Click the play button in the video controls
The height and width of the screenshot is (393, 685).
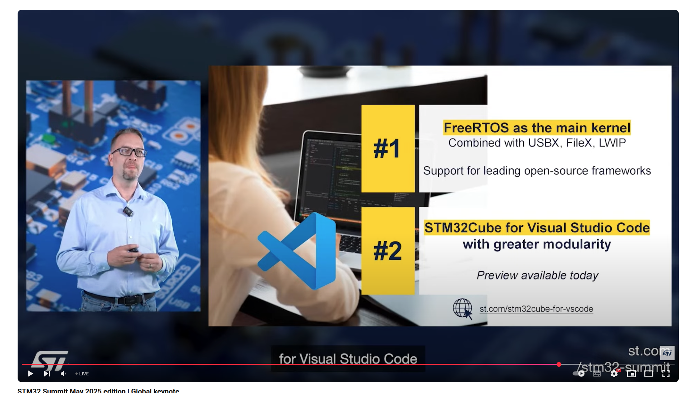pos(30,374)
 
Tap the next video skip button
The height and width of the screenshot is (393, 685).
pos(47,374)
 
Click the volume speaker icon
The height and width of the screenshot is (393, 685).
pos(63,374)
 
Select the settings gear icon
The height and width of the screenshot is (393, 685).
pos(614,374)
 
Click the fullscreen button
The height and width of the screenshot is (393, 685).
pos(666,374)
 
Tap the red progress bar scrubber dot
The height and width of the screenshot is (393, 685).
pos(559,365)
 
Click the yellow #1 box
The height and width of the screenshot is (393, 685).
pos(388,148)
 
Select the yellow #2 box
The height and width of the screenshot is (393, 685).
pos(388,251)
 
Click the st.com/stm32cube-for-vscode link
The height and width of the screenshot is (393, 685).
pos(536,309)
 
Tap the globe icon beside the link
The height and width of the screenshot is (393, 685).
pos(462,308)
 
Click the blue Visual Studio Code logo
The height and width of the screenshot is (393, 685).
pos(297,251)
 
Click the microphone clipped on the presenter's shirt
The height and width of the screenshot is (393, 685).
pos(128,211)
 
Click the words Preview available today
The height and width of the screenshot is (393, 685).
pos(537,275)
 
